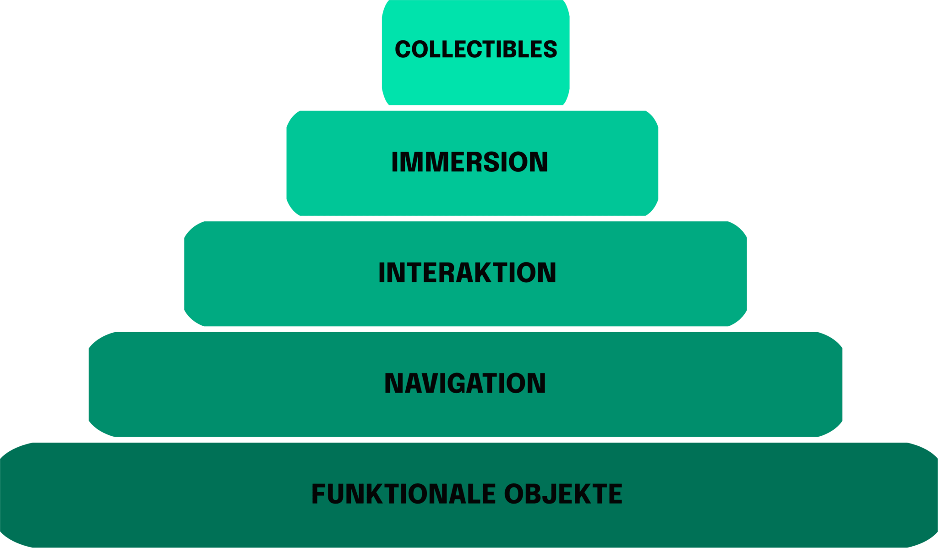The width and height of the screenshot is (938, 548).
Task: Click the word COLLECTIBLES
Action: coord(476,49)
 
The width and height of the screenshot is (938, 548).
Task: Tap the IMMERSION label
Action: coord(469,162)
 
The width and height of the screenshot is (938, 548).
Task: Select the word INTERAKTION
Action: coord(467,273)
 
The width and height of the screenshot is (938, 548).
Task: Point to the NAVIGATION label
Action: coord(465,384)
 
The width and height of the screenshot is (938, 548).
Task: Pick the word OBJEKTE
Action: coord(563,494)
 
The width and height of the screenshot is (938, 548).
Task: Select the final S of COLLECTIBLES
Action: coord(549,49)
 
